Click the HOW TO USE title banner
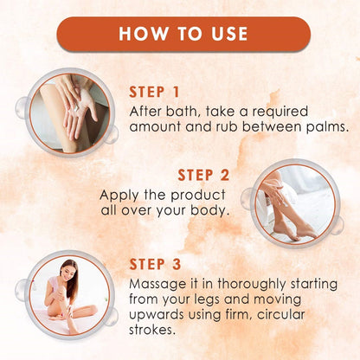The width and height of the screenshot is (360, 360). tap(183, 34)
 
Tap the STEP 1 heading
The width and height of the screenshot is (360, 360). tap(154, 93)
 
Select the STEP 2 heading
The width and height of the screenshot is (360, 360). tap(203, 175)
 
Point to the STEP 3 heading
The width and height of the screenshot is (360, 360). tap(155, 264)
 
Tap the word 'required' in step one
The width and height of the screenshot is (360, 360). tap(280, 112)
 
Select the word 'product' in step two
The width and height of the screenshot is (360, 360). tap(198, 196)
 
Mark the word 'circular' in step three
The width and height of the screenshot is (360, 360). tap(280, 314)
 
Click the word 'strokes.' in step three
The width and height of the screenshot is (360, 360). tap(152, 330)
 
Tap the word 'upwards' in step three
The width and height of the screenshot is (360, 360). tap(157, 315)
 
